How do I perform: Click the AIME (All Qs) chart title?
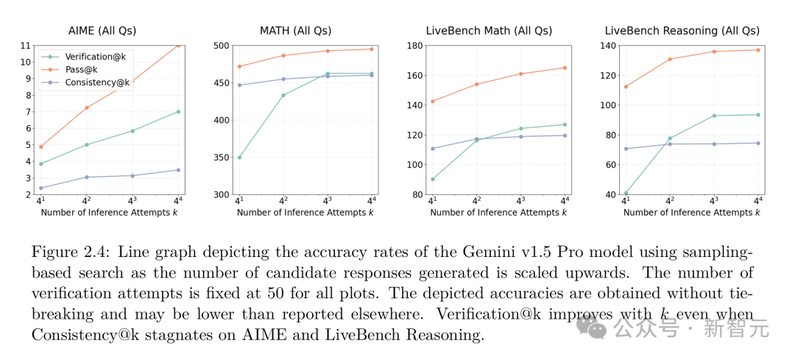(102, 30)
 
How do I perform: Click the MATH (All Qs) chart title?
(295, 30)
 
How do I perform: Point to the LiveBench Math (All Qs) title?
(489, 30)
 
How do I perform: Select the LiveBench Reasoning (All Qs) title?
(681, 30)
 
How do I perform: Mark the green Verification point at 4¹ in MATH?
(239, 158)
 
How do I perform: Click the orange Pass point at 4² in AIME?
(87, 108)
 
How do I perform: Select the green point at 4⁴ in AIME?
(178, 112)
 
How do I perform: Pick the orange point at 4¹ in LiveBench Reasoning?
(626, 87)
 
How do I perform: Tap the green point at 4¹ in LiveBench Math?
(432, 179)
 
